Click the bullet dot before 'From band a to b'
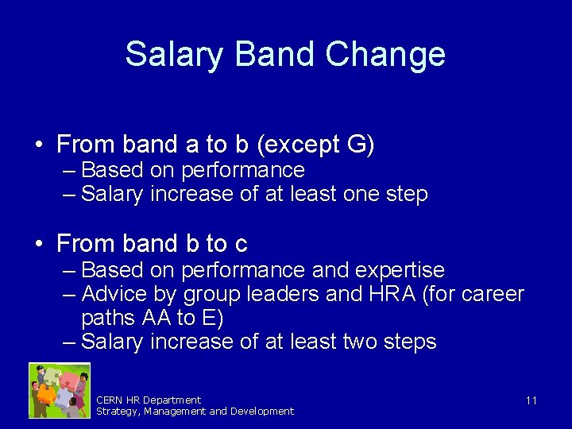[38, 145]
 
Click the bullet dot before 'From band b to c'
[38, 244]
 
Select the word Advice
[114, 294]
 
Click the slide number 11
[531, 400]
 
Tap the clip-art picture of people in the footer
[60, 390]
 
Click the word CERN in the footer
[110, 400]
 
